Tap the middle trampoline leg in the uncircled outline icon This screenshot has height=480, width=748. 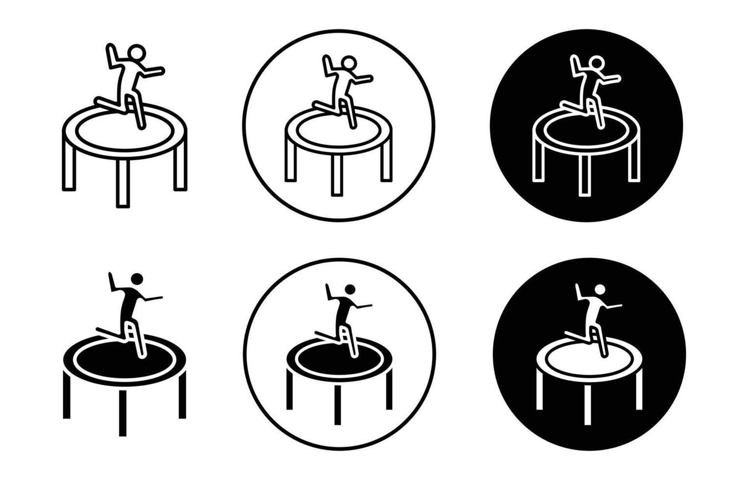point(123,183)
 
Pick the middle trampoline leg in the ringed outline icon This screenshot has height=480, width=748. point(337,175)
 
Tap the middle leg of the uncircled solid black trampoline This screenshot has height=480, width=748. point(123,412)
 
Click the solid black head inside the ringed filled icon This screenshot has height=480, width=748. point(350,288)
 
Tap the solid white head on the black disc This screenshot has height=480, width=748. point(599,288)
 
